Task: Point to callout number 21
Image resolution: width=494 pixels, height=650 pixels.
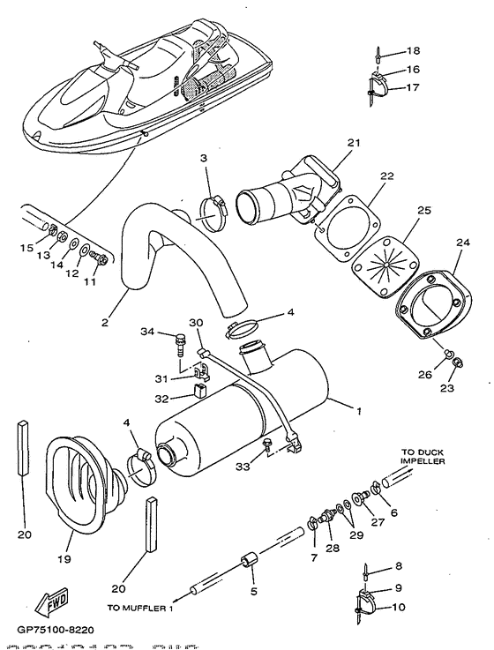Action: pos(354,143)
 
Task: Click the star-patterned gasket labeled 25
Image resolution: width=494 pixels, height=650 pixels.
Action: pos(385,260)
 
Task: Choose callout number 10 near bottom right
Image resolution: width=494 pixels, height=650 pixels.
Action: pos(398,607)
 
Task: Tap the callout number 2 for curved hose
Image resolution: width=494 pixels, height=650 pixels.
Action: pos(105,324)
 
